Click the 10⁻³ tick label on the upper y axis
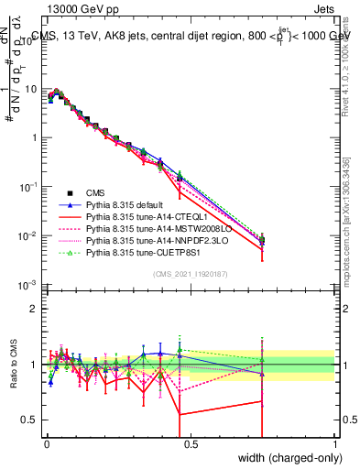pyautogui.click(x=29, y=286)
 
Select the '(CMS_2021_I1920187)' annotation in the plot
pyautogui.click(x=191, y=273)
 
